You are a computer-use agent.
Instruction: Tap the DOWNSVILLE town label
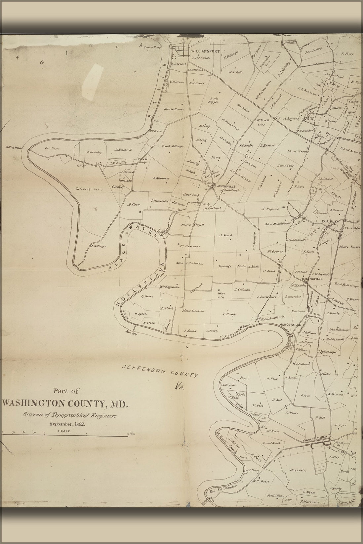225,186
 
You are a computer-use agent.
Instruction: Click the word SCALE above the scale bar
63,431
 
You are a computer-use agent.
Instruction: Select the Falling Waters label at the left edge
14,148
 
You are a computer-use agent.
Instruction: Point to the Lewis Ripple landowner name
213,100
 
